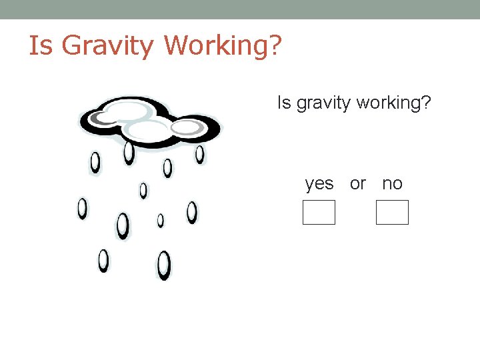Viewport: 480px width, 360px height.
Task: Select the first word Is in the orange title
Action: [x=40, y=45]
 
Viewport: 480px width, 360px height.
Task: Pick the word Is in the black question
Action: [x=283, y=103]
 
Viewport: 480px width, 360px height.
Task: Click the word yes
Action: [x=319, y=183]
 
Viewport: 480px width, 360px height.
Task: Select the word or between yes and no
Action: [x=358, y=183]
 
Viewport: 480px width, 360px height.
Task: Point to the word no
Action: [x=392, y=183]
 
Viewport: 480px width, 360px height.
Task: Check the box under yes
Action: [x=319, y=213]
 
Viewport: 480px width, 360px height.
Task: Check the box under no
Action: [x=392, y=213]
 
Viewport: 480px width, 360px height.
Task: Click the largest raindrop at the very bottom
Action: [x=164, y=265]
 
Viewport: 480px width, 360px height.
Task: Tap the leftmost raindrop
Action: [x=82, y=209]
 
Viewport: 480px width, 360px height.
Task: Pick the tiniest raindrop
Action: [x=161, y=220]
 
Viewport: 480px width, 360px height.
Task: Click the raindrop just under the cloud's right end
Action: [x=199, y=155]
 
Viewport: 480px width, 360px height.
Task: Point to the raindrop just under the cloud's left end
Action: [x=95, y=161]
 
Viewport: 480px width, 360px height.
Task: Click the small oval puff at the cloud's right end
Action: [x=187, y=127]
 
